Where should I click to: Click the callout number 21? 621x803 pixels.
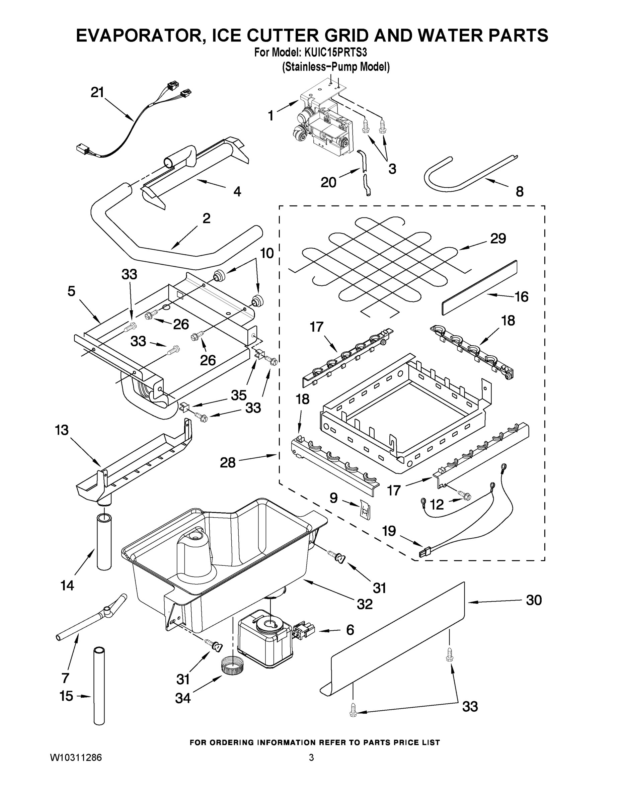click(x=97, y=92)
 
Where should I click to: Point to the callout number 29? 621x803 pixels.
click(x=498, y=238)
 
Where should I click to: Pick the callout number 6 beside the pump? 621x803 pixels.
click(x=350, y=630)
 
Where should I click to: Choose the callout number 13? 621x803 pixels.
click(x=62, y=430)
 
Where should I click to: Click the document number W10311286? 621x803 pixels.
click(x=76, y=757)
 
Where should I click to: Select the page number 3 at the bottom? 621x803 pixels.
click(x=311, y=757)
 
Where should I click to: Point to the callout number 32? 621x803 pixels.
click(x=365, y=604)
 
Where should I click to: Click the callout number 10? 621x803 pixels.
click(x=267, y=253)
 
